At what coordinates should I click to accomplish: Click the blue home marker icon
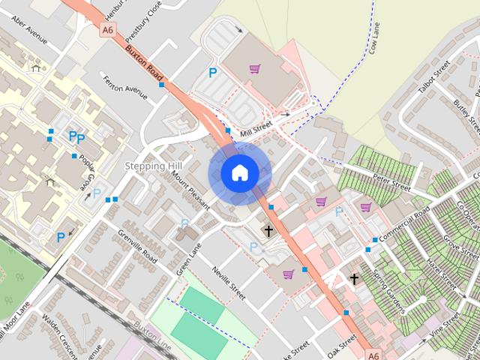pyautogui.click(x=239, y=173)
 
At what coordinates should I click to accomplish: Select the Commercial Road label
pyautogui.click(x=403, y=223)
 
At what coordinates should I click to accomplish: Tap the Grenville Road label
pyautogui.click(x=137, y=247)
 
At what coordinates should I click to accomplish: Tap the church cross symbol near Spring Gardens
pyautogui.click(x=354, y=279)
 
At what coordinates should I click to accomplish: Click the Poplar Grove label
pyautogui.click(x=85, y=175)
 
